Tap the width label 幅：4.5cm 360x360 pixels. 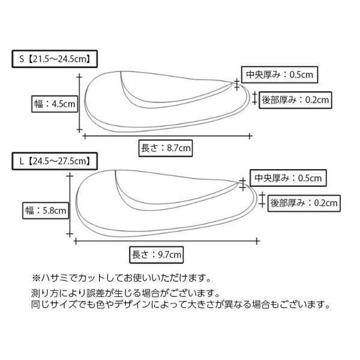coord(55,104)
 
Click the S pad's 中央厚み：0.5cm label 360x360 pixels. coord(278,75)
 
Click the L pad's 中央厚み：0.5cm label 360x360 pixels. coord(287,178)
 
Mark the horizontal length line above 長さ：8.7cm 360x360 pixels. coord(166,135)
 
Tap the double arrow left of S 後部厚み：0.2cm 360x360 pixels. coord(254,98)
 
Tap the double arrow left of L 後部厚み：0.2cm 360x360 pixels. coord(262,202)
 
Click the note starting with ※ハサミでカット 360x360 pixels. coord(121,278)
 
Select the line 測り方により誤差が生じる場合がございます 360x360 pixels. coord(125,293)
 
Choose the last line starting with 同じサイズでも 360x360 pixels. coord(180,305)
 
